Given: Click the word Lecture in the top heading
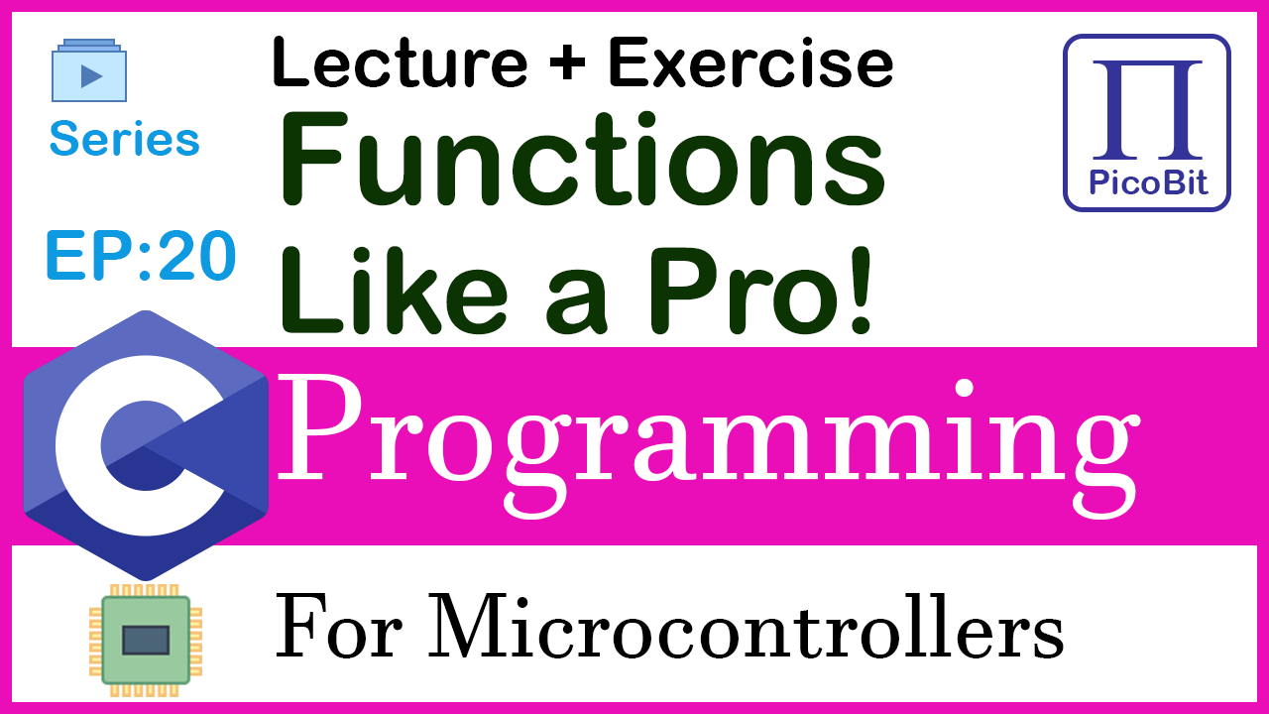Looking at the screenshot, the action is [x=400, y=61].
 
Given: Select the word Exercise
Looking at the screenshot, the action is [x=750, y=61].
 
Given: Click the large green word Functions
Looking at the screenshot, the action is [x=582, y=160].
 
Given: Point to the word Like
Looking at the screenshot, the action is [x=394, y=291].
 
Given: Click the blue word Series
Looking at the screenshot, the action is [x=125, y=138].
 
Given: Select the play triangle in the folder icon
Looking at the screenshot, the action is [x=91, y=76].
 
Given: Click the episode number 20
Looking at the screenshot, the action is [x=197, y=256].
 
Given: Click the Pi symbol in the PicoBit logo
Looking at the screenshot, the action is [x=1147, y=109].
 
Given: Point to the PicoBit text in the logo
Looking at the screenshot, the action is [x=1148, y=182].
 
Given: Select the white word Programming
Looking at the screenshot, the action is [x=708, y=446].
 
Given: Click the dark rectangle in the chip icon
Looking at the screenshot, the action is [x=146, y=641].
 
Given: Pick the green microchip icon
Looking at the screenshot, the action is [x=146, y=641].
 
